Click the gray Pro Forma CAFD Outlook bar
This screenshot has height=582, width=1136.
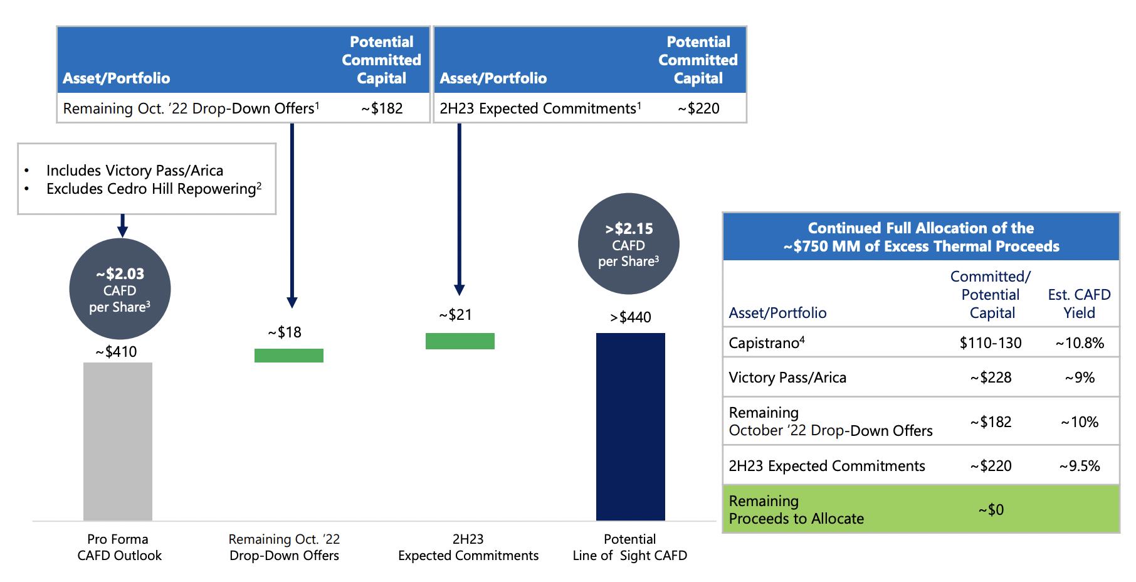coord(118,441)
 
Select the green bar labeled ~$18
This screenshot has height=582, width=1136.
coord(289,356)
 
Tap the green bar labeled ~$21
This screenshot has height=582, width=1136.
coord(460,341)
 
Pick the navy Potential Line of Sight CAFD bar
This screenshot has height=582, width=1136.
coord(630,426)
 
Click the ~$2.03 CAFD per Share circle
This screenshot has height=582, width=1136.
coord(120,289)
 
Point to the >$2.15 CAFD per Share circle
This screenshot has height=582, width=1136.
coord(628,244)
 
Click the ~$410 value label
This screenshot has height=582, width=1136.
coord(117,352)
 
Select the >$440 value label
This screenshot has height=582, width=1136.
coord(631,317)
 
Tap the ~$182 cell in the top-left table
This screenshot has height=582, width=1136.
coord(382,108)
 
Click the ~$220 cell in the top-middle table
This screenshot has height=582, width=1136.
coord(698,108)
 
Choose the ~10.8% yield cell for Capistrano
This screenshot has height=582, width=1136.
coord(1079,343)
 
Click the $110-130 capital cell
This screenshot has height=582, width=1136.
coord(991,343)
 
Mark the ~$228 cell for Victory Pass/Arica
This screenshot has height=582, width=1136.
coord(991,378)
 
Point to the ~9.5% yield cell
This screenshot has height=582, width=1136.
coord(1079,466)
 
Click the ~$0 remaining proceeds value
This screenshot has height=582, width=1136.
coord(991,510)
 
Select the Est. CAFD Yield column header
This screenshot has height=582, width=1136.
coord(1079,304)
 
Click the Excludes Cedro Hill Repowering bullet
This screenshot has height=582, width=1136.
coord(153,189)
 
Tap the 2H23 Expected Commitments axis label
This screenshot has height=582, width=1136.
coord(468,548)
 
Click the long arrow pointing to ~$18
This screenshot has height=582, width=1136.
coord(292,213)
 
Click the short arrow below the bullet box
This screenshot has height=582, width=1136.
coord(123,225)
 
